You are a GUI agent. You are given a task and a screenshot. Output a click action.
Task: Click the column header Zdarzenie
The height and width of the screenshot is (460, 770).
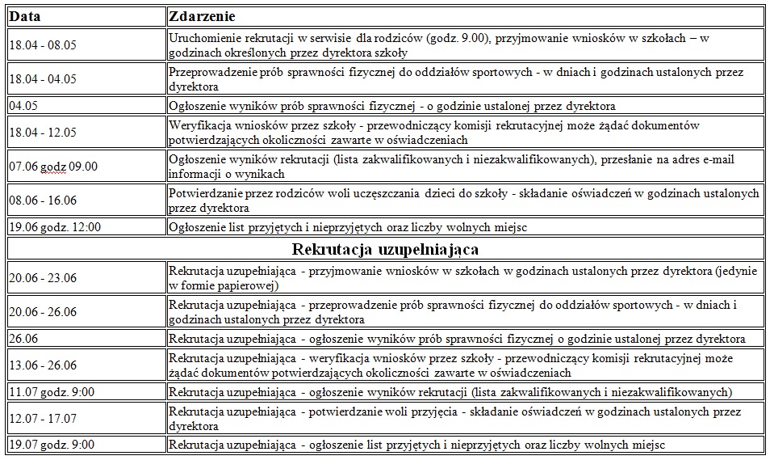203,16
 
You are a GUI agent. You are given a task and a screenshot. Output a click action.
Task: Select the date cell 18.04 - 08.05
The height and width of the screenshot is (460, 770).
42,45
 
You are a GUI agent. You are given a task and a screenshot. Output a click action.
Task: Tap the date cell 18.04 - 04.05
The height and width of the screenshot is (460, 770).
42,79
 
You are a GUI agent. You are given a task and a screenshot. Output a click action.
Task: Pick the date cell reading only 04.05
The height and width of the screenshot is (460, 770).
22,106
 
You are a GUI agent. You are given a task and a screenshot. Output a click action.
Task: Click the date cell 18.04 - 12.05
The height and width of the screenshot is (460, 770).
42,133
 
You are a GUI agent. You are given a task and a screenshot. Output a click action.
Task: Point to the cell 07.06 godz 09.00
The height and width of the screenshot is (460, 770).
53,167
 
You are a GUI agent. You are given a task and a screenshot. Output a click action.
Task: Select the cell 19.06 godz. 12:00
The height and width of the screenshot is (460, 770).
56,227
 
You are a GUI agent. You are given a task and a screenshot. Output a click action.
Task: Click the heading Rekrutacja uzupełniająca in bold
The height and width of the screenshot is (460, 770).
385,247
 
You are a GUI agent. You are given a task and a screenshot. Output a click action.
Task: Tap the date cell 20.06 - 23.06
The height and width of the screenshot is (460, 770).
42,278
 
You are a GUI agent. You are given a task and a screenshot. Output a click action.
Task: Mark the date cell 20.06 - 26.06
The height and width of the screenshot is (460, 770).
42,312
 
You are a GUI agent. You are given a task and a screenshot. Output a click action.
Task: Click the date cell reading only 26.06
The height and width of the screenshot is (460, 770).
22,339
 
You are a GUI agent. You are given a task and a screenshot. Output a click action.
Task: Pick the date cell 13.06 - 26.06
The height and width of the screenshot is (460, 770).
42,365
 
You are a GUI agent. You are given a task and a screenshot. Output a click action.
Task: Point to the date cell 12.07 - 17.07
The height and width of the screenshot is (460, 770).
42,419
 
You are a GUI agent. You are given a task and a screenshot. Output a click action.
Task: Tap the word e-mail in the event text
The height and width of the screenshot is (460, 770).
715,160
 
